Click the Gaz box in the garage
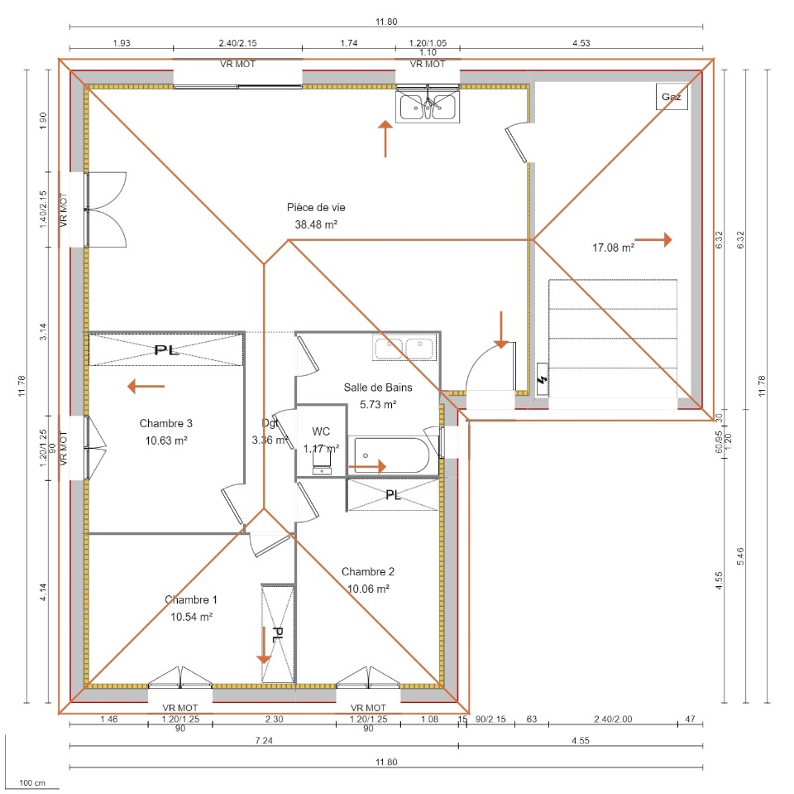[672, 96]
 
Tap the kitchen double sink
[428, 106]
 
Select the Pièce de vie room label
[316, 207]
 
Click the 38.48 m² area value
[316, 224]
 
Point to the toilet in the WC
[322, 462]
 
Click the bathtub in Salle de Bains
[392, 455]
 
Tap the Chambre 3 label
[165, 423]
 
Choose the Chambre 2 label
[367, 572]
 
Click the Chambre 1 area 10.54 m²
[191, 617]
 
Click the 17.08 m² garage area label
[613, 248]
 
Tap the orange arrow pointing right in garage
[653, 240]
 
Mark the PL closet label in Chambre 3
[166, 350]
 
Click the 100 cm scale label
[32, 783]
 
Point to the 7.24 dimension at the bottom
[264, 741]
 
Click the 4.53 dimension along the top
[581, 43]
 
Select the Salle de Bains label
[378, 387]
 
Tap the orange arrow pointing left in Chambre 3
[146, 387]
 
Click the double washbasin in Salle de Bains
[404, 348]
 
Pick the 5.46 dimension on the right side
[740, 556]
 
